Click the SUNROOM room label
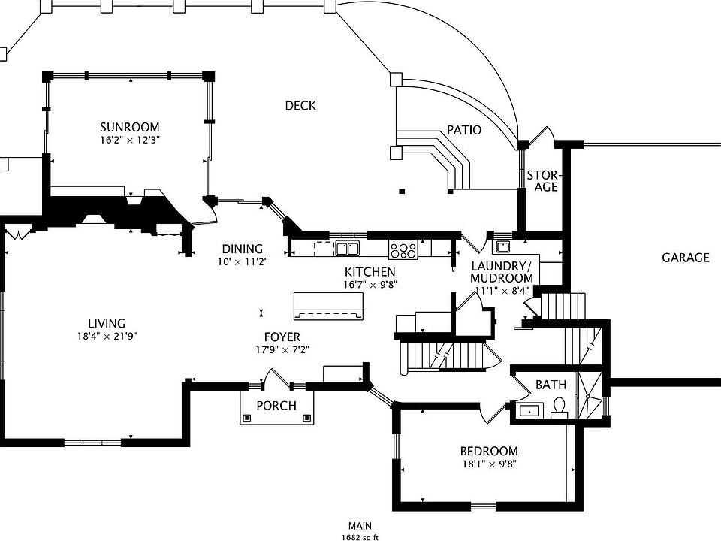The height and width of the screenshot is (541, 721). pyautogui.click(x=129, y=127)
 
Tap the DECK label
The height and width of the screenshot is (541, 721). pyautogui.click(x=300, y=106)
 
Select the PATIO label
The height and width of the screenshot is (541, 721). pyautogui.click(x=464, y=130)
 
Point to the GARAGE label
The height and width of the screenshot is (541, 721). pyautogui.click(x=685, y=258)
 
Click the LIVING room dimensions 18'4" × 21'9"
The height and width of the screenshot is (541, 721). pyautogui.click(x=107, y=337)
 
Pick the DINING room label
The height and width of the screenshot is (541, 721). pyautogui.click(x=242, y=249)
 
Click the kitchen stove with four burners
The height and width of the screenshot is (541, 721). pyautogui.click(x=403, y=249)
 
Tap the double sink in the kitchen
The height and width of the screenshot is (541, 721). pyautogui.click(x=347, y=249)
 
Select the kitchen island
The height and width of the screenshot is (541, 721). pyautogui.click(x=327, y=306)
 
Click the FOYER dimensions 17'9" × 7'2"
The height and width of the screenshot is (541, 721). pyautogui.click(x=282, y=349)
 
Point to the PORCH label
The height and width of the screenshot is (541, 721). pyautogui.click(x=276, y=406)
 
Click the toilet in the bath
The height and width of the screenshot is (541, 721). pyautogui.click(x=558, y=409)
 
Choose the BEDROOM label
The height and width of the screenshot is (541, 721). pyautogui.click(x=489, y=451)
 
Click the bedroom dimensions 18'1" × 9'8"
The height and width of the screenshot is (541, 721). pyautogui.click(x=489, y=464)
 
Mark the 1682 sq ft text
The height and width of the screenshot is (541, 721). pyautogui.click(x=360, y=537)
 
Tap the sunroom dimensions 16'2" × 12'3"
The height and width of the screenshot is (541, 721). pyautogui.click(x=130, y=140)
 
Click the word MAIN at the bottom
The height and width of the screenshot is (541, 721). pyautogui.click(x=359, y=527)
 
